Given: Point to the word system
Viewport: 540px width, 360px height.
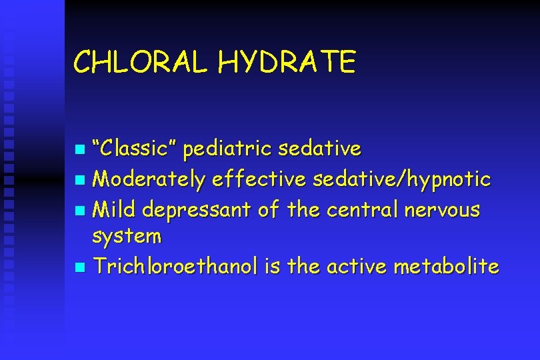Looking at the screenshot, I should (127, 237).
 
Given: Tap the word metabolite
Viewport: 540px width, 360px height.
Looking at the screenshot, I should (446, 267).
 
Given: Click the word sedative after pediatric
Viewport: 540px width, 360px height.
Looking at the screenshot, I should (320, 149).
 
